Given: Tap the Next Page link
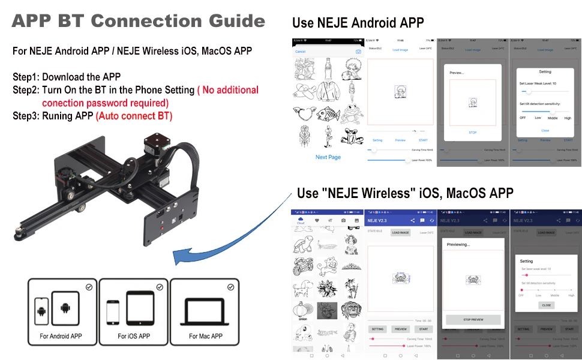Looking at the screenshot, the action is pos(328,157).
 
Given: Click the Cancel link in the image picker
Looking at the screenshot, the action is pos(300,52).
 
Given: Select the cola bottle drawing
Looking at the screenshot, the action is pos(328,68).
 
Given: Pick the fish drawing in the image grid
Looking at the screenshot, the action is pos(328,114).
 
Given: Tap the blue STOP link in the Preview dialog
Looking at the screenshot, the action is pos(472,133).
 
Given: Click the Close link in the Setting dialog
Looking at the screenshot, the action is pos(545,130).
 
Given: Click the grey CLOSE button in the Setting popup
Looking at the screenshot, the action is pos(546,305).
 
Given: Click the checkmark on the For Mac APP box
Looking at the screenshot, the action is pos(230,287).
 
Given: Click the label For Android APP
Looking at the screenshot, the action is pos(61,336).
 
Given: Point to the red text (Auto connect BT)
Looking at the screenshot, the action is pos(134,116).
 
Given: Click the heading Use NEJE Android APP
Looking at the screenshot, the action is pos(358,23).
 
